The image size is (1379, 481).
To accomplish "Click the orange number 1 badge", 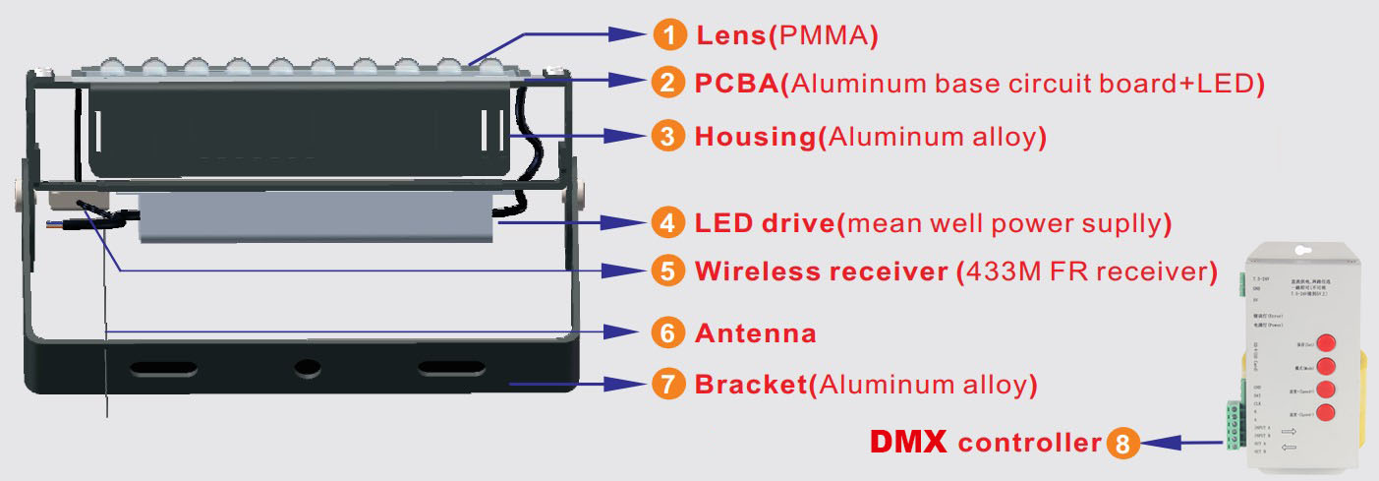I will (668, 35).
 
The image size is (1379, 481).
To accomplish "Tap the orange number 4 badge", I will (668, 223).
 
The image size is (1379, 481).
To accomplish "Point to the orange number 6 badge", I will (668, 333).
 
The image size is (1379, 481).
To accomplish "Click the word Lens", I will (731, 36).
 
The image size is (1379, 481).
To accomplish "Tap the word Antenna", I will (755, 333).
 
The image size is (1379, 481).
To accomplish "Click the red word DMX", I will (907, 443).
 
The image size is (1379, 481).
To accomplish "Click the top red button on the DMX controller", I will (1326, 342).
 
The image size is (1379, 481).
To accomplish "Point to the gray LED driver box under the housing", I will (315, 217).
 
